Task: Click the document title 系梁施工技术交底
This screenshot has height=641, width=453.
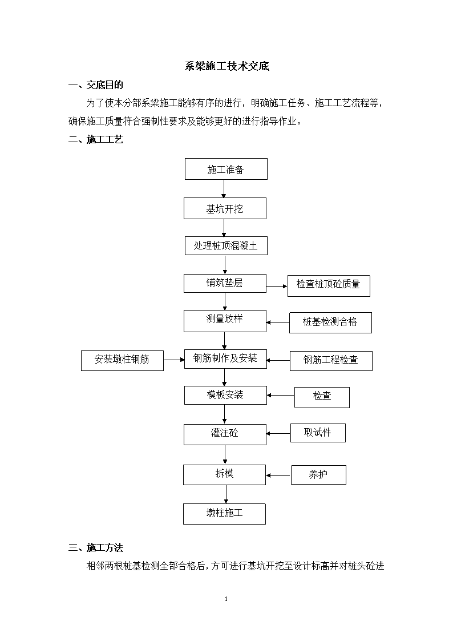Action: [226, 66]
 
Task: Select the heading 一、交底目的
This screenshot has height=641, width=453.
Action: [96, 84]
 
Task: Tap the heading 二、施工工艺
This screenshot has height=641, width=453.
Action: [96, 139]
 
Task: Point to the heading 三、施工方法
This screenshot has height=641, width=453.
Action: [96, 547]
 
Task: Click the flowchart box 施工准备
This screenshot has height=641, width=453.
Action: [226, 169]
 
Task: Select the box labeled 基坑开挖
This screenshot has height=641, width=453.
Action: [225, 208]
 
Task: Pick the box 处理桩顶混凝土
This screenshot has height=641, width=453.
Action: [226, 245]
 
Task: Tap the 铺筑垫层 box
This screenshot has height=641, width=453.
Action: [225, 283]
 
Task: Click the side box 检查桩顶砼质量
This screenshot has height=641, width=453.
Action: [329, 286]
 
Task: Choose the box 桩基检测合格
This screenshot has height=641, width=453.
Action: [330, 322]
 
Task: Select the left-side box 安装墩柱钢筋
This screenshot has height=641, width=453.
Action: [122, 361]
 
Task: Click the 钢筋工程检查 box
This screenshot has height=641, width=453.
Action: [331, 361]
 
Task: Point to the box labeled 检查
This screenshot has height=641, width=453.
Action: [322, 397]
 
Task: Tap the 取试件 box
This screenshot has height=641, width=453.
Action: [318, 433]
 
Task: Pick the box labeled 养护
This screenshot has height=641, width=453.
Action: [318, 475]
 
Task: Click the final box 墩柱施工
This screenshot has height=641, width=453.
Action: [224, 514]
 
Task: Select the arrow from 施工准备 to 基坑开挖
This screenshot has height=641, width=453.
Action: [224, 189]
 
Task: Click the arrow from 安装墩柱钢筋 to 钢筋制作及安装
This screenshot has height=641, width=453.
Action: [174, 360]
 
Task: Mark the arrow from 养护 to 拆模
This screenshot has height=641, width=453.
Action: [278, 475]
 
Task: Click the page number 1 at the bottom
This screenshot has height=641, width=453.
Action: [226, 599]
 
